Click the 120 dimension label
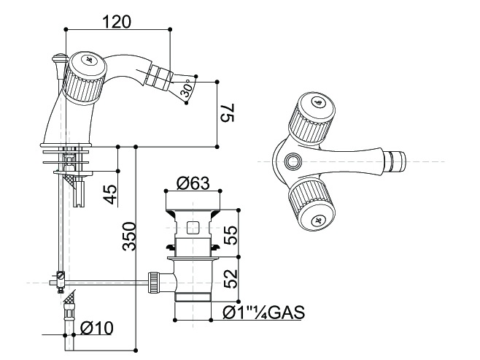pos(117,21)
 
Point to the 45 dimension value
pos(110,194)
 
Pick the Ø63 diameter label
pos(193,184)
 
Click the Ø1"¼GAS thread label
pos(263,313)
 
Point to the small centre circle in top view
pos(294,161)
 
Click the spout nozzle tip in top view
pos(398,159)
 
